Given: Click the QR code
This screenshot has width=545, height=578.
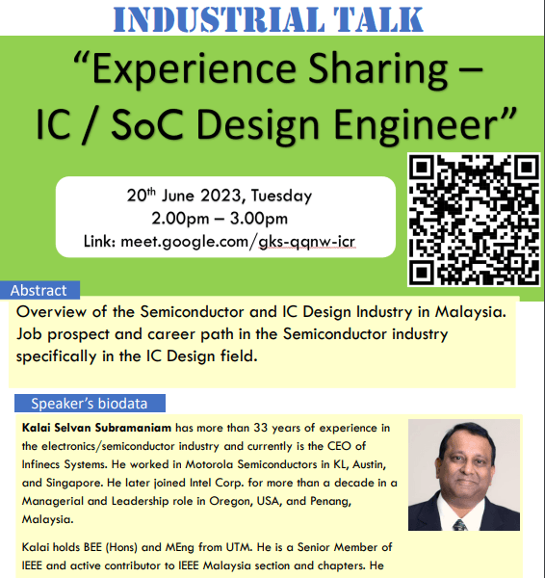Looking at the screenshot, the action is coord(474,220).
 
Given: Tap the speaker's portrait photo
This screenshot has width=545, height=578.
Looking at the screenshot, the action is coord(464,474).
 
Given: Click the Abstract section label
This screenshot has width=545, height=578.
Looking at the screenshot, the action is coord(39,291).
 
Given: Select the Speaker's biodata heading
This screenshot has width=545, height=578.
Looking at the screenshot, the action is coord(90,404).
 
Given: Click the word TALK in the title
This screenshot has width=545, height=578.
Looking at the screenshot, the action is coord(378,19).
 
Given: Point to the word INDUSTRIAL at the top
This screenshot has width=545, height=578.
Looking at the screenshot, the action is coord(219,19).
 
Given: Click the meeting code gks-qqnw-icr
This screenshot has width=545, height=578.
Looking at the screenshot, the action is coord(307,242).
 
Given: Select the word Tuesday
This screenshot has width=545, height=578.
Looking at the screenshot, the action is coord(281,196).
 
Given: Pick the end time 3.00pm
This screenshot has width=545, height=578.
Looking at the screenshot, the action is coord(259,219).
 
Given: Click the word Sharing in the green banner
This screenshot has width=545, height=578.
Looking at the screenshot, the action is coord(377,69).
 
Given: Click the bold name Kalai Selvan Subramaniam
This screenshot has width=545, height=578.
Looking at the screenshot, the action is coord(96,428).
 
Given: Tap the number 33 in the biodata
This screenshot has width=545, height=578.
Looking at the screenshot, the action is coord(261,428).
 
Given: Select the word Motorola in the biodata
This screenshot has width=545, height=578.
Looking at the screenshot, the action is coord(209,464).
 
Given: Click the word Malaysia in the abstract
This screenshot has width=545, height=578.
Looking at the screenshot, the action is coord(471,312).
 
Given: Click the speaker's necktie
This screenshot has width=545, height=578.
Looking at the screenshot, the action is coord(460,525).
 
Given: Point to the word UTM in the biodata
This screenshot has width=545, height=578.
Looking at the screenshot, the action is coord(240,547).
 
